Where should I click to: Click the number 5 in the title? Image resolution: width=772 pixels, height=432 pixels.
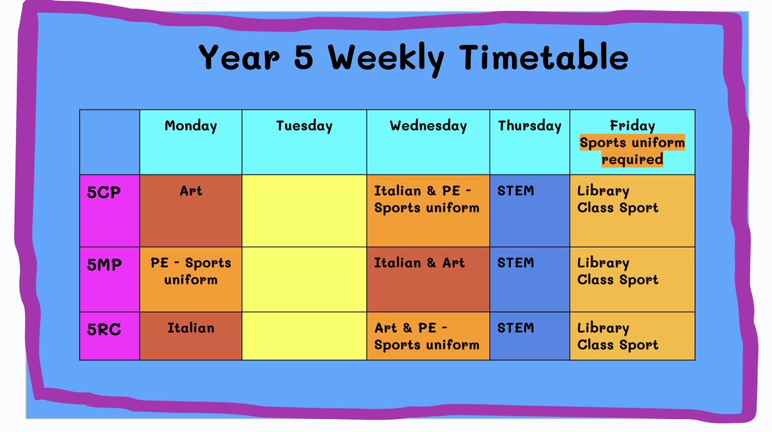[304, 57]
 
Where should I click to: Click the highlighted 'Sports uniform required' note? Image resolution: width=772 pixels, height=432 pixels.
[632, 151]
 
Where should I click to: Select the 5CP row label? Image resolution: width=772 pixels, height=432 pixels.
[104, 192]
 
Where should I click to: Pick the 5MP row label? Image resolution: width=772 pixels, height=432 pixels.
[104, 265]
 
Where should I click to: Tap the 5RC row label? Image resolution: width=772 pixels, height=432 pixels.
[104, 329]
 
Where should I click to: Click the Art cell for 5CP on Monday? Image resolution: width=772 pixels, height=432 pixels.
[190, 211]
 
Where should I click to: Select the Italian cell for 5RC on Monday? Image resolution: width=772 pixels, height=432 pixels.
[190, 336]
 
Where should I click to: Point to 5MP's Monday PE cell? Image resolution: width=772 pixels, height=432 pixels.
[190, 279]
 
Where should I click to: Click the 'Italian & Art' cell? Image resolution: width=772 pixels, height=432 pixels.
[428, 279]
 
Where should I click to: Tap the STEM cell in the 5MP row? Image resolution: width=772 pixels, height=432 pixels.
[529, 279]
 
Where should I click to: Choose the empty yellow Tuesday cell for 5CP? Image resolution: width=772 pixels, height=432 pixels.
[304, 211]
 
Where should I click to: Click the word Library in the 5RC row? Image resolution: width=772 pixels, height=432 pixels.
[603, 328]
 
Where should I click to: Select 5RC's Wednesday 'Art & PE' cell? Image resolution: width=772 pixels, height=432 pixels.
[428, 336]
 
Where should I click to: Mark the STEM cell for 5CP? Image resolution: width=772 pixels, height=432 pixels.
[529, 211]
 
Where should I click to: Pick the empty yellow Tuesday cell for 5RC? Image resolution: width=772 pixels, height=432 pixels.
[304, 336]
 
